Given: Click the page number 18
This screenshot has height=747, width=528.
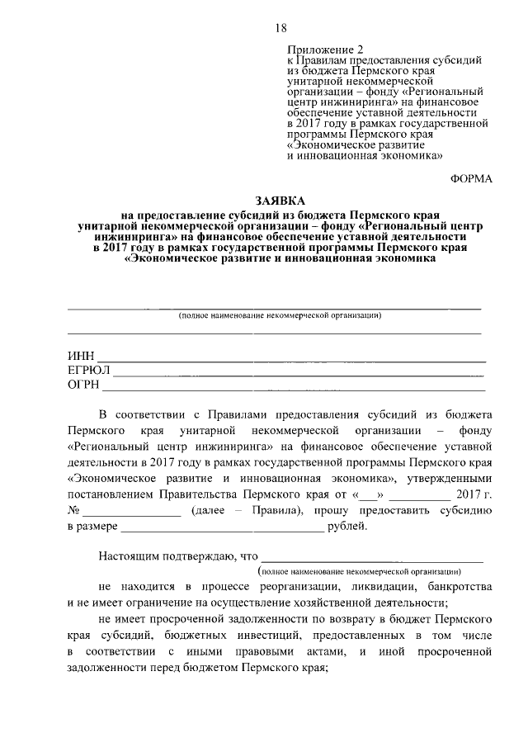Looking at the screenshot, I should [x=280, y=29].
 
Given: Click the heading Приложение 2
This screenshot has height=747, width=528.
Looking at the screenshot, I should [x=324, y=51].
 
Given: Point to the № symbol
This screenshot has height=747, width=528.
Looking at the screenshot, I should [x=73, y=511].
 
